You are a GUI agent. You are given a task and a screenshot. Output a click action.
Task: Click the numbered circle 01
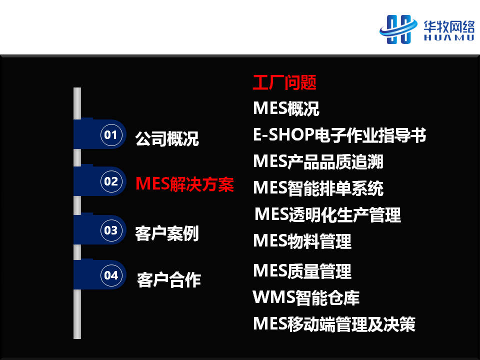point(111,134)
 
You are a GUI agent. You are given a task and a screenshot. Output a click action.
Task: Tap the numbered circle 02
point(111,181)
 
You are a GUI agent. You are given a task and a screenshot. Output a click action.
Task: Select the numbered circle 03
point(111,230)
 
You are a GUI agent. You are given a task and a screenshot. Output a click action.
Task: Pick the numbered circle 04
point(111,275)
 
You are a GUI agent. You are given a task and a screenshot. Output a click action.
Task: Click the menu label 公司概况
point(167,139)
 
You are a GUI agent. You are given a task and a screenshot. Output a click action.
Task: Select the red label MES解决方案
point(185,184)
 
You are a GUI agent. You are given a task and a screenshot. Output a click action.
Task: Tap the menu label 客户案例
point(167,233)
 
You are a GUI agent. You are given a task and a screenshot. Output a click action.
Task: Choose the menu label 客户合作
point(169,280)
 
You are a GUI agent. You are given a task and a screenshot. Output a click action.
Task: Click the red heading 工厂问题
point(284,82)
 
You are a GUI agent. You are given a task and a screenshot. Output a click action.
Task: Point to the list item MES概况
point(286,108)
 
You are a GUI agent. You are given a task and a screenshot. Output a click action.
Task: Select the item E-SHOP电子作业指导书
point(339,135)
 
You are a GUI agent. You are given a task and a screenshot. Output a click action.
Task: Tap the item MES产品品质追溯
point(318,161)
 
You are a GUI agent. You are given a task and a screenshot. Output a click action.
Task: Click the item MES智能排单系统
point(318,188)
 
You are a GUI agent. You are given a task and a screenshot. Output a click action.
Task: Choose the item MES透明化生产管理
point(328,214)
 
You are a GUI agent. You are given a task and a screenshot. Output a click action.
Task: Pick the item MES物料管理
point(302,241)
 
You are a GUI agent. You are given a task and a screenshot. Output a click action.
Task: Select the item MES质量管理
point(302,271)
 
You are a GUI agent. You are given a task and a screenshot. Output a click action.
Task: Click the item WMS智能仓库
point(306,297)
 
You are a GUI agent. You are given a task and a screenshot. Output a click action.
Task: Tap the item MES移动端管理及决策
point(334,324)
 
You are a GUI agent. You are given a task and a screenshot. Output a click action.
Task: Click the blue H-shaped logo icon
point(398,29)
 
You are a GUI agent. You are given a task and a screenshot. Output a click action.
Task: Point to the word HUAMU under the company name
point(449,37)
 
